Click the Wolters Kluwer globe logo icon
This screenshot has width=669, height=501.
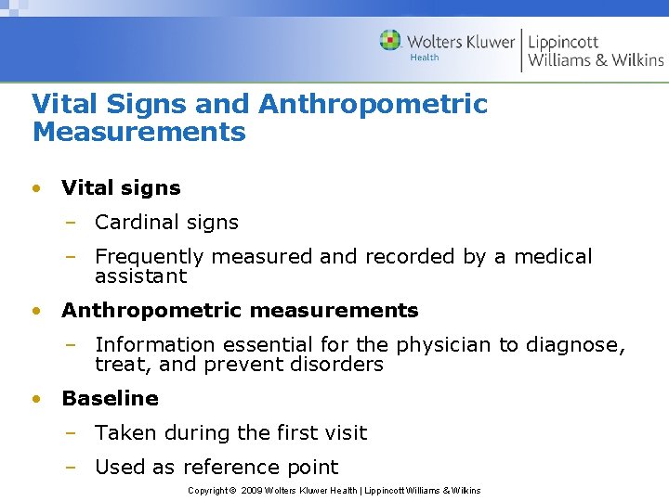(390, 40)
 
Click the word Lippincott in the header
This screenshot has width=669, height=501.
(563, 42)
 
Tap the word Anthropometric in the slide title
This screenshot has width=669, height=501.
(373, 104)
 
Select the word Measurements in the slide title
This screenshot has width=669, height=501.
(138, 132)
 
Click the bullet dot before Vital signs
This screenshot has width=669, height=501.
(35, 187)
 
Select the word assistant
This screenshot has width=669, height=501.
(140, 276)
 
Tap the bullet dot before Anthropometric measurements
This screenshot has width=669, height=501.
(35, 310)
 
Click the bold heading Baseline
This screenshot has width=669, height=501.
(110, 398)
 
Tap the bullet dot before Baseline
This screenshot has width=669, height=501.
(35, 398)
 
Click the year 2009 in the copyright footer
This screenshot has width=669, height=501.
(251, 490)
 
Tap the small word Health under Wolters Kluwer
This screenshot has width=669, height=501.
(424, 58)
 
